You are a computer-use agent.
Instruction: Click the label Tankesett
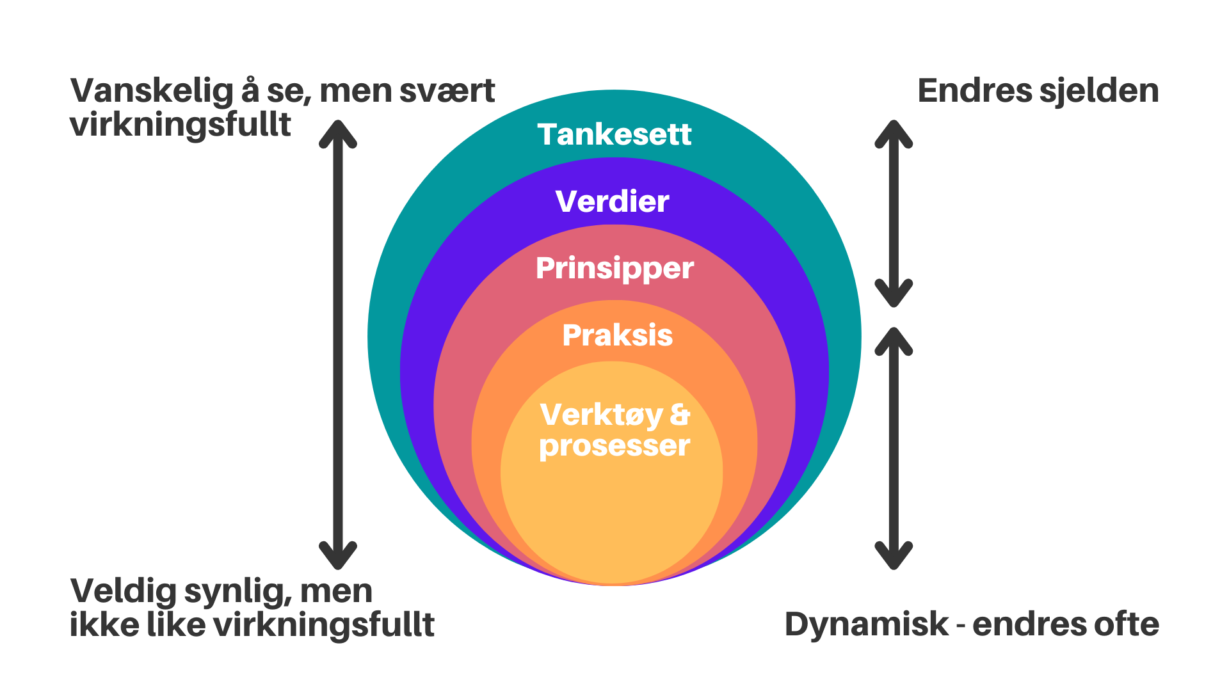pos(614,134)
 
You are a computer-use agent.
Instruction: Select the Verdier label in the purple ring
pos(613,202)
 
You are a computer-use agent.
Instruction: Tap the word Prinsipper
pos(614,269)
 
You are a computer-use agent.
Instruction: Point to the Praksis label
pos(618,335)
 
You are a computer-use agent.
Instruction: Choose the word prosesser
pos(614,446)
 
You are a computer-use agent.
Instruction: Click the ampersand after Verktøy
pos(680,415)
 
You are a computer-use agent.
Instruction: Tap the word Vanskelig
pos(152,91)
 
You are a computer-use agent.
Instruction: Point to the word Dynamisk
pos(867,624)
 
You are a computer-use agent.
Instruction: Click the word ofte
pos(1127,624)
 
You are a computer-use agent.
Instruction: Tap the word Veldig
pos(123,591)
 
